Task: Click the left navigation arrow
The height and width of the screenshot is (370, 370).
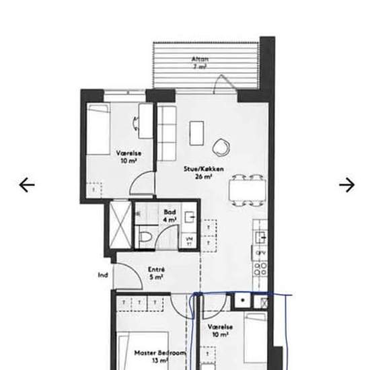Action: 27,184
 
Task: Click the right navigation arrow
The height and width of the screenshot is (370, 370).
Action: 346,184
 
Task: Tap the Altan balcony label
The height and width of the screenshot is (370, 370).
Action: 200,63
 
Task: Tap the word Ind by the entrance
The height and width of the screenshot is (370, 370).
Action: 103,274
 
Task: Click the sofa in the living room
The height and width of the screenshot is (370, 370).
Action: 165,133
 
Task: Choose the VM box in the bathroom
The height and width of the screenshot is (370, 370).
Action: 189,241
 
